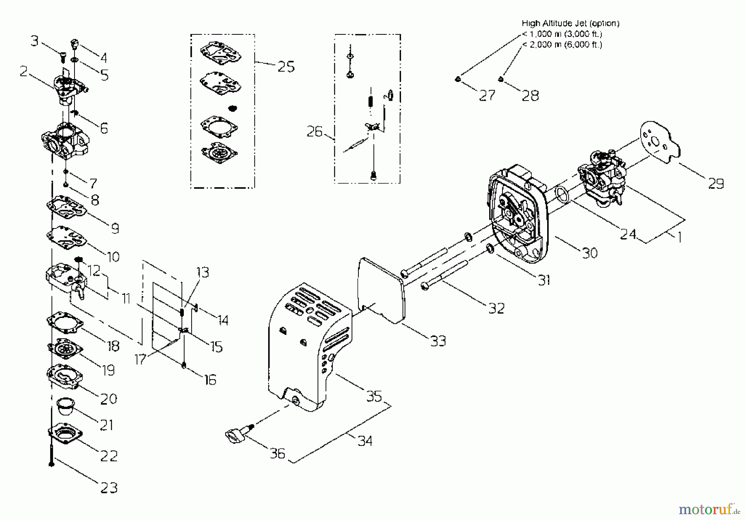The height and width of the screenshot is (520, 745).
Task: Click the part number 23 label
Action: pos(109,488)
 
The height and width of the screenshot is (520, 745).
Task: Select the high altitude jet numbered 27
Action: pos(458,79)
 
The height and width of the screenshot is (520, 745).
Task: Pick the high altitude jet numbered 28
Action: pos(501,79)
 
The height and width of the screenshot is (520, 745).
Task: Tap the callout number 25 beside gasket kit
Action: pos(286,67)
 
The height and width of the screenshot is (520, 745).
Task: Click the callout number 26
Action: pos(315,132)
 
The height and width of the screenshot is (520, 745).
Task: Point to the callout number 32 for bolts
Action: pos(496,308)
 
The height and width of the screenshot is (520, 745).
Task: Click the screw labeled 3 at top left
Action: pos(63,58)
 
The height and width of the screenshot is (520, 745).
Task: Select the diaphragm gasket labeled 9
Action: pos(66,206)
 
